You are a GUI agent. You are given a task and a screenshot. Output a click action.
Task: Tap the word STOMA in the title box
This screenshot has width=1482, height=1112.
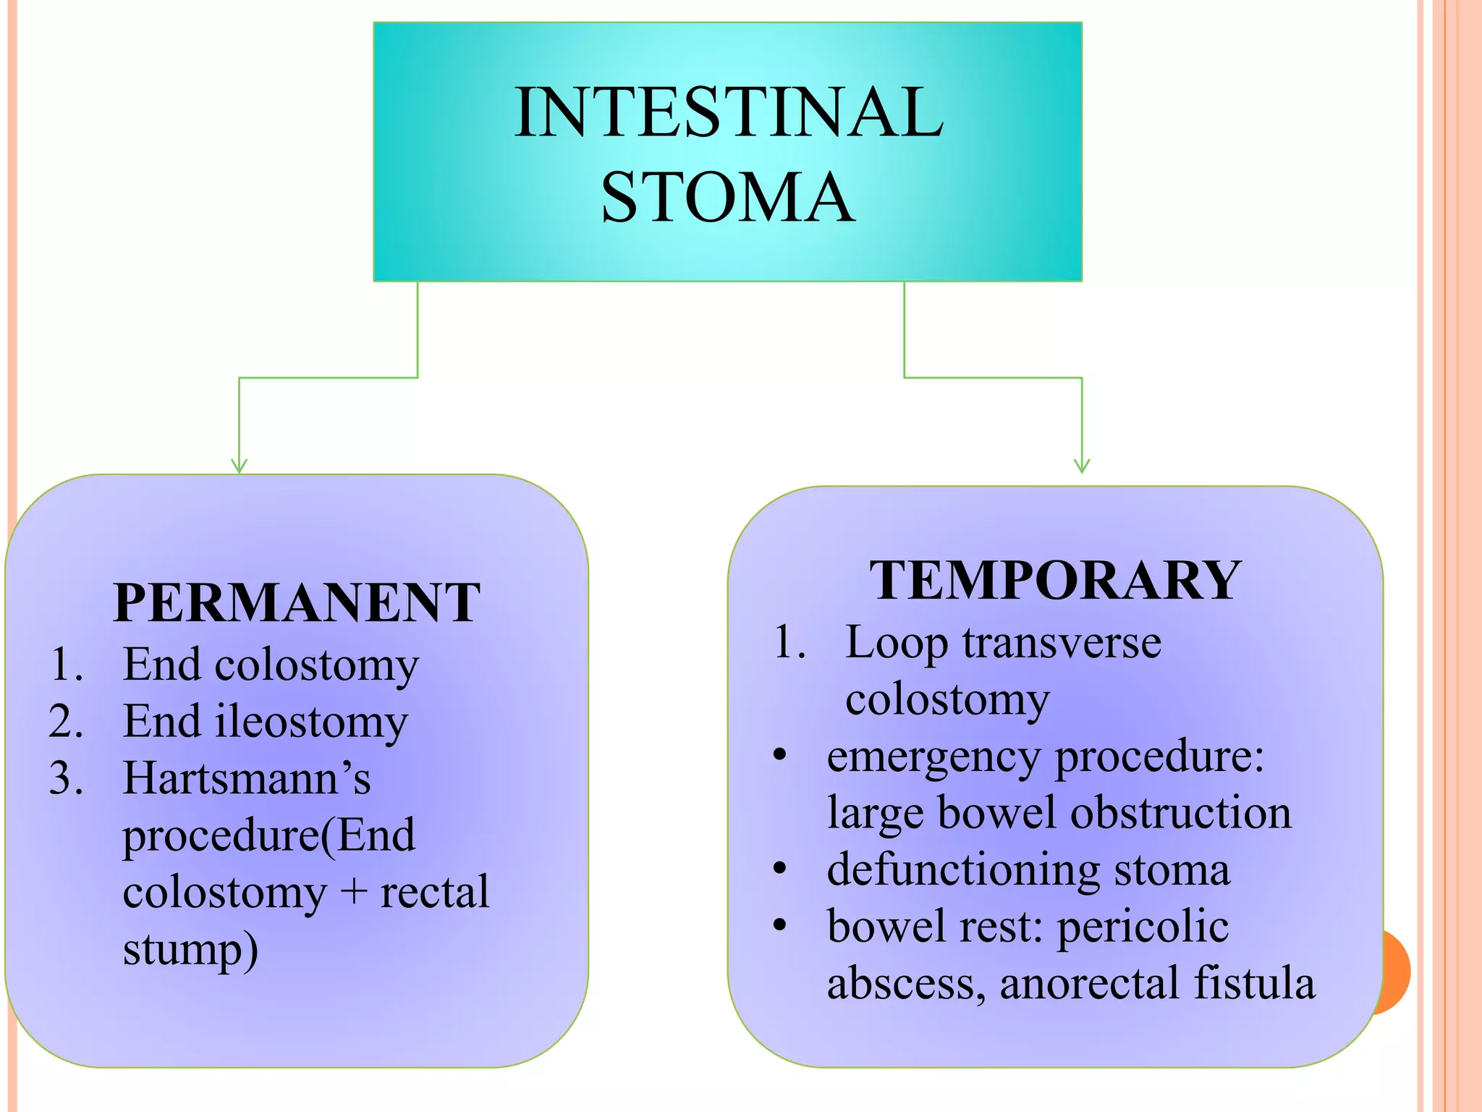click(x=727, y=197)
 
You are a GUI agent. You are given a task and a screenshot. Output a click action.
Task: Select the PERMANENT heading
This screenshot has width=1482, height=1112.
click(x=297, y=602)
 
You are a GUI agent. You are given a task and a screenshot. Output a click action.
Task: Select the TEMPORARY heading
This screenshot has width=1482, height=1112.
click(x=1055, y=580)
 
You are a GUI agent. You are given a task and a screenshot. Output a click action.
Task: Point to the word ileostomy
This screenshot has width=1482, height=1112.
click(x=312, y=723)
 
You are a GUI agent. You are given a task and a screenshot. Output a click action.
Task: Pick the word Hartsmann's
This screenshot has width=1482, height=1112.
click(x=247, y=778)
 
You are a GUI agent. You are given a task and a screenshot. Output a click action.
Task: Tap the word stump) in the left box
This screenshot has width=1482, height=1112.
click(x=190, y=950)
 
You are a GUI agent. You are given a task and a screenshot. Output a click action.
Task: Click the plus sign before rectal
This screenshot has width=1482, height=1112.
click(x=354, y=892)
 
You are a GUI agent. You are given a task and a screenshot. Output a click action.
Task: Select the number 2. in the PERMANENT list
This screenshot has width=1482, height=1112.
click(x=66, y=722)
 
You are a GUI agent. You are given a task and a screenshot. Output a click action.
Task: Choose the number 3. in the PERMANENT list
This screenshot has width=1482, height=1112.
click(x=66, y=779)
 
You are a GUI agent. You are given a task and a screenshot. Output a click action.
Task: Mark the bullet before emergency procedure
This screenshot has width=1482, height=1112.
click(x=779, y=755)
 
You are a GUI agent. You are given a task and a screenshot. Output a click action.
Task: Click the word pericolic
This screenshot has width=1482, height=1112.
click(x=1143, y=927)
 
